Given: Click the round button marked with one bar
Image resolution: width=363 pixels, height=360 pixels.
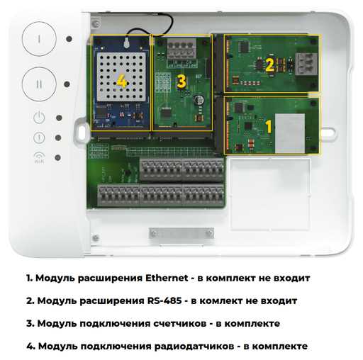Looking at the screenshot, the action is (x=39, y=39).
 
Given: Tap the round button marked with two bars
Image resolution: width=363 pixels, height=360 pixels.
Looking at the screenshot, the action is (x=39, y=84).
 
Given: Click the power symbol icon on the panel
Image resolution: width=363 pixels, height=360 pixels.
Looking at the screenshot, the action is (x=39, y=118).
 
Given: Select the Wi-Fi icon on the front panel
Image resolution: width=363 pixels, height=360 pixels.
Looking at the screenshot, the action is (x=39, y=157).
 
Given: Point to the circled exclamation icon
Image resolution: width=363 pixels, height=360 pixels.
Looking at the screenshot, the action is (x=39, y=137).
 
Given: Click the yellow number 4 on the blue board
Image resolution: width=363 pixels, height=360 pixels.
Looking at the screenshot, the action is (x=122, y=81).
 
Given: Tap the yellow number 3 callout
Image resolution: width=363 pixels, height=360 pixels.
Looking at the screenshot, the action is (x=181, y=81).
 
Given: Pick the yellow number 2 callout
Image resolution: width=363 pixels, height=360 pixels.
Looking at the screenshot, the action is (x=269, y=64).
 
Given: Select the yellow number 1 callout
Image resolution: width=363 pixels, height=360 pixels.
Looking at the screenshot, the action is (x=269, y=127).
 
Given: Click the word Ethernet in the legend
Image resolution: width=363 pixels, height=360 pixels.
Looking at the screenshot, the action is (x=167, y=278).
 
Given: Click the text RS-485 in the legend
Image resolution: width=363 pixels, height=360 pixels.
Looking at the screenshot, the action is (x=164, y=300).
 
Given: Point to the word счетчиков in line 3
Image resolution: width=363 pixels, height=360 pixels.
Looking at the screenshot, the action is (x=180, y=323).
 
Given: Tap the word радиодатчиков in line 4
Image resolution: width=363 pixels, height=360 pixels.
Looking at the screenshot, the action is (x=194, y=347).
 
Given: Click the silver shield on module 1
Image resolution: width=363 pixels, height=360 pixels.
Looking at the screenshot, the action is (x=290, y=133).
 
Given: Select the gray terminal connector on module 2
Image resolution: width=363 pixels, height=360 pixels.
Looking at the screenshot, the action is (x=306, y=64).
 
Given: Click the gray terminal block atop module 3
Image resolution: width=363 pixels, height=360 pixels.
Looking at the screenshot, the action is (x=181, y=49).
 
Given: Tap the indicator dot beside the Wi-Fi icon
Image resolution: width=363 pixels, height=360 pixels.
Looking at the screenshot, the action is (x=57, y=157).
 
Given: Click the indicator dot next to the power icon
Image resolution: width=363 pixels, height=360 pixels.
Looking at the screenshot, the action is (x=59, y=118).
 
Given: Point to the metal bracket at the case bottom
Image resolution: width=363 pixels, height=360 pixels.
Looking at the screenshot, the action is (x=181, y=234).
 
